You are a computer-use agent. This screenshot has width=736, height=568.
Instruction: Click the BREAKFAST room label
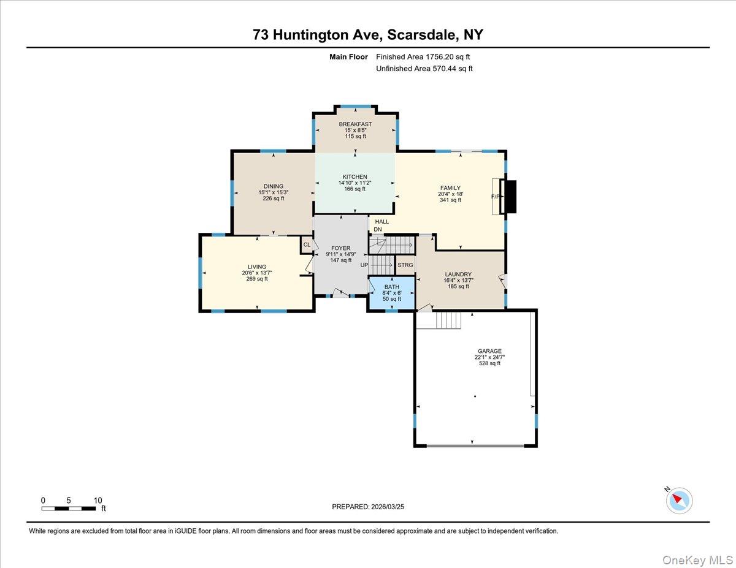pos(355,124)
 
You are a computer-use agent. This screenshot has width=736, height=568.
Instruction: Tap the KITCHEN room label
pos(355,177)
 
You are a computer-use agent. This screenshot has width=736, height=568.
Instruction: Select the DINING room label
pos(274,186)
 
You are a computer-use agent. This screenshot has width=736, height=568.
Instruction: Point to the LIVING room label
pos(257,267)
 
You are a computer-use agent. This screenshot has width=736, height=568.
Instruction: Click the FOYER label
pos(340,248)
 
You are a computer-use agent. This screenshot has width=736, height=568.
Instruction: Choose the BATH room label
pos(391,287)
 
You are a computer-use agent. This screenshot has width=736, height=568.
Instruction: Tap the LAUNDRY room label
pos(458,274)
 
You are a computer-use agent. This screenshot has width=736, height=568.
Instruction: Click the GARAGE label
pos(489,351)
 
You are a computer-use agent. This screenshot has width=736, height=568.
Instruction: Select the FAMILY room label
pos(450,188)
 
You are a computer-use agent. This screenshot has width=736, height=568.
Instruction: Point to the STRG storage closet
pos(405,265)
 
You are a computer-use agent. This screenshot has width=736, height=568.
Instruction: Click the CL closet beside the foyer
pos(306,245)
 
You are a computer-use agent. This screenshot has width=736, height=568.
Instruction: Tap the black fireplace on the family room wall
pos(509,197)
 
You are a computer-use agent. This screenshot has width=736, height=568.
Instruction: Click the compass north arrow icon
pos(678,499)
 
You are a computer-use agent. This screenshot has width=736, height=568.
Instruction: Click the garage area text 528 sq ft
pos(489,363)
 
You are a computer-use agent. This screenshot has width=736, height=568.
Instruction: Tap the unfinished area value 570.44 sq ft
pos(452,69)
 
